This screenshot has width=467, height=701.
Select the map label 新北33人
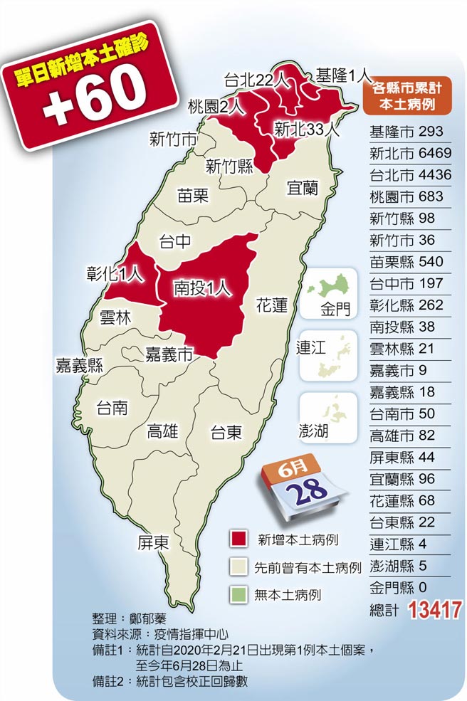pyautogui.click(x=307, y=130)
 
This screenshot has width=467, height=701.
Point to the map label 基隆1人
pyautogui.click(x=345, y=73)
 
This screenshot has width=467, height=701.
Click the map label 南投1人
pyautogui.click(x=203, y=288)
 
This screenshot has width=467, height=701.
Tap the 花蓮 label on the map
pyautogui.click(x=271, y=306)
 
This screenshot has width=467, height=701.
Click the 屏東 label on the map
pyautogui.click(x=153, y=543)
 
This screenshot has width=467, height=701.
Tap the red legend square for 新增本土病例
pyautogui.click(x=238, y=539)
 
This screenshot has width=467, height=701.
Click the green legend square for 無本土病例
pyautogui.click(x=238, y=594)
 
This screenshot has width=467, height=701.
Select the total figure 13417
pyautogui.click(x=434, y=609)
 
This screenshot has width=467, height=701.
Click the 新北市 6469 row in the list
pyautogui.click(x=411, y=153)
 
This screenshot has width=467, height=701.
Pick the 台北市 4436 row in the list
pyautogui.click(x=411, y=174)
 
